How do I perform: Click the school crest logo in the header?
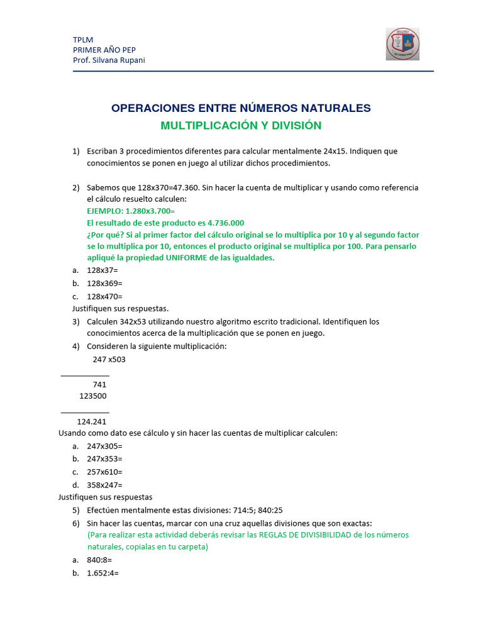click(402, 44)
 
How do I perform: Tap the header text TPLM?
click(83, 40)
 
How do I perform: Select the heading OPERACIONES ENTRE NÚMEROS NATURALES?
click(241, 108)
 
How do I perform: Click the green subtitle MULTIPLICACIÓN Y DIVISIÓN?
click(241, 126)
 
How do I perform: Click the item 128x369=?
click(104, 283)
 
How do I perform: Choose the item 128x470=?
click(104, 296)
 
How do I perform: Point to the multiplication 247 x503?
click(109, 360)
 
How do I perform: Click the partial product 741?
click(99, 385)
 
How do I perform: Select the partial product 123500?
click(93, 396)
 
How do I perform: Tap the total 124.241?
click(92, 421)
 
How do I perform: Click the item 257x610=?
click(104, 472)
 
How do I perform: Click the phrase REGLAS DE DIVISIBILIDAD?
click(304, 535)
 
